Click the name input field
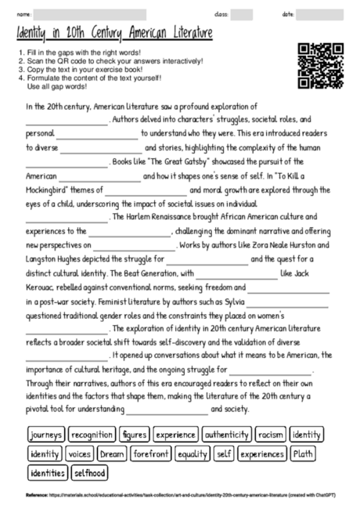[x=91, y=14]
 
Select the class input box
[x=241, y=14]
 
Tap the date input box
[x=324, y=14]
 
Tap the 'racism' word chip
[x=271, y=434]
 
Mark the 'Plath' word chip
[x=302, y=453]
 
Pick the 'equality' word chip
[x=193, y=453]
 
